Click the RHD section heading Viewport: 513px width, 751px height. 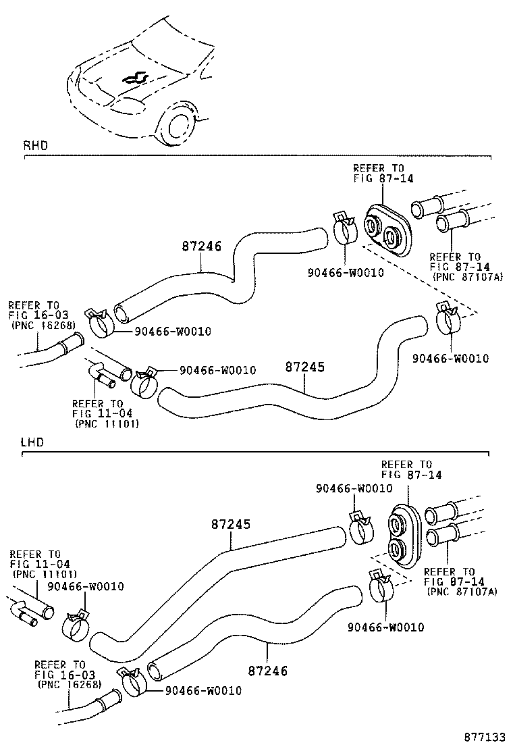click(35, 145)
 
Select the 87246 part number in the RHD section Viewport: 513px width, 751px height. click(201, 247)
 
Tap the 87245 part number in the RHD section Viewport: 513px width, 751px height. click(304, 368)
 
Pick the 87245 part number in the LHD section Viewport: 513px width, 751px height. click(230, 524)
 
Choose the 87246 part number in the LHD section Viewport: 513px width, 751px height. click(267, 671)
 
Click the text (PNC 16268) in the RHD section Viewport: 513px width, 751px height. click(43, 325)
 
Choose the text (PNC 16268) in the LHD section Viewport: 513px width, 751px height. click(70, 684)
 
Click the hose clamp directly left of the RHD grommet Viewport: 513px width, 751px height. click(344, 230)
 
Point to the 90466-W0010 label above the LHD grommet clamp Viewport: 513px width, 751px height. click(354, 488)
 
